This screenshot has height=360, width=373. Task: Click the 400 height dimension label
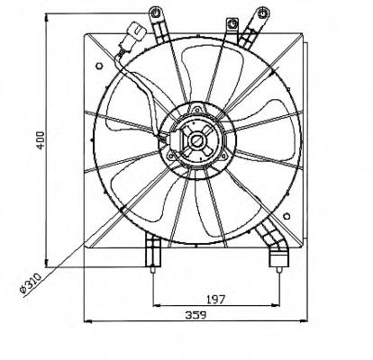pyautogui.click(x=41, y=140)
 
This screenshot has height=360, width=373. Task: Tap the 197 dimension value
pyautogui.click(x=215, y=299)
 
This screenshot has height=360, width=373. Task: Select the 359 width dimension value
pyautogui.click(x=196, y=315)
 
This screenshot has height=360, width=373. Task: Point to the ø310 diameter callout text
pyautogui.click(x=30, y=283)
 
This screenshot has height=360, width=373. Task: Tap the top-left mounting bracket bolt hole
pyautogui.click(x=156, y=13)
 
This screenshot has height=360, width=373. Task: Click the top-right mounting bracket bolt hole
pyautogui.click(x=263, y=13)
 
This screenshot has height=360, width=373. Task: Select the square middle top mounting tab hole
pyautogui.click(x=232, y=24)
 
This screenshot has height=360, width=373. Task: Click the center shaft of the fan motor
pyautogui.click(x=197, y=140)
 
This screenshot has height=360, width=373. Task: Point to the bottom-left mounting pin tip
pyautogui.click(x=153, y=270)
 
